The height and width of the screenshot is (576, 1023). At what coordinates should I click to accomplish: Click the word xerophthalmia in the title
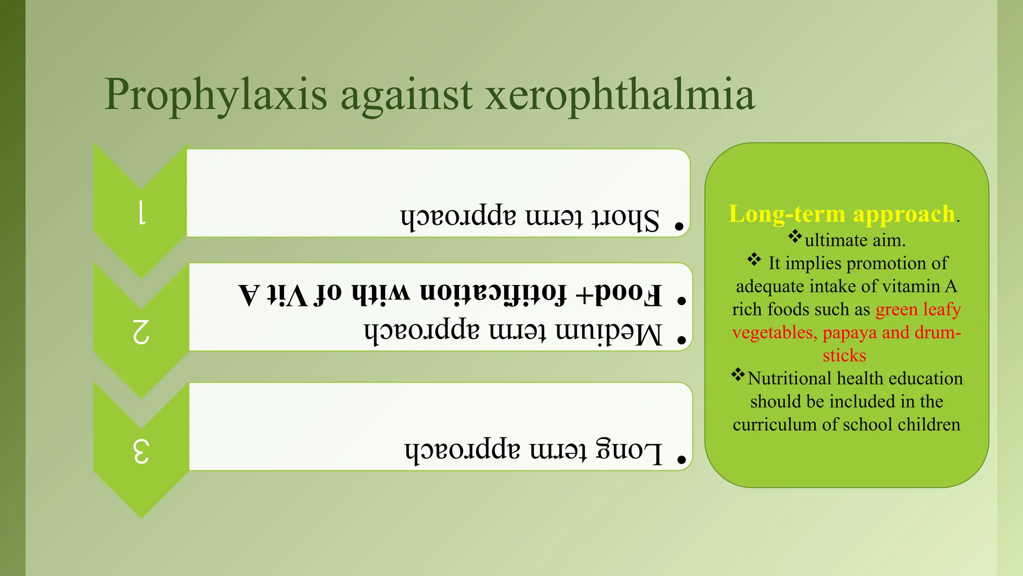pos(620,95)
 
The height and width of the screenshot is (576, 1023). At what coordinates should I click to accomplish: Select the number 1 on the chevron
pos(141,212)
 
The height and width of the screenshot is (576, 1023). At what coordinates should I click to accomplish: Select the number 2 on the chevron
pos(141,331)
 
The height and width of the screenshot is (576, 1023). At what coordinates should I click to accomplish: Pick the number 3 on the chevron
pos(141,451)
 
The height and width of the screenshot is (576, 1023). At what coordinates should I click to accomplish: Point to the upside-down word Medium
pos(609,333)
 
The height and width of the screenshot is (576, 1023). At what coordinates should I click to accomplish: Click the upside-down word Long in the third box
pos(629,451)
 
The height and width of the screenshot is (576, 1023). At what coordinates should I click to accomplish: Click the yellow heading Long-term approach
pos(842,214)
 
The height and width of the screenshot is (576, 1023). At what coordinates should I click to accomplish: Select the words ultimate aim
pos(855,240)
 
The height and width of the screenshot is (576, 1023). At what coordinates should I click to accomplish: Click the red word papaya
pos(849,332)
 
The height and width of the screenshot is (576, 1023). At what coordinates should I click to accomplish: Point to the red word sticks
pos(844,355)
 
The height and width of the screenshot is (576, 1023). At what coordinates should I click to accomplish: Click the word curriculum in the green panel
pos(775,424)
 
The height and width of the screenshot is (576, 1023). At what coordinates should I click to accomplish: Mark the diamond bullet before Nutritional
pos(738,374)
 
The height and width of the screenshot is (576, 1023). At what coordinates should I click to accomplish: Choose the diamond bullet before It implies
pos(754,259)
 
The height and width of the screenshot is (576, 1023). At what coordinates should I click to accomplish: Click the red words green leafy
pos(918,309)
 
